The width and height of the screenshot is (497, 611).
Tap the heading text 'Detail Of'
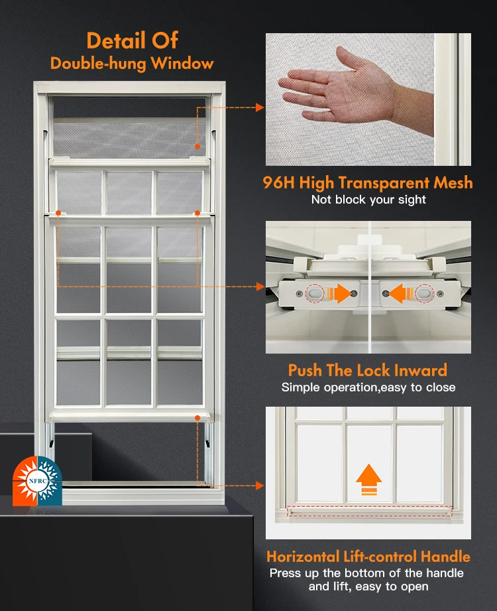132,40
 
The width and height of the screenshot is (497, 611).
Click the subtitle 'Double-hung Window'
132,64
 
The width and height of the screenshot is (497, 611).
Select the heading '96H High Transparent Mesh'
368,183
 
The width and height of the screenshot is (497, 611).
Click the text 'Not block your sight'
368,200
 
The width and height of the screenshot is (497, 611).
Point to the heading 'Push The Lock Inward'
368,370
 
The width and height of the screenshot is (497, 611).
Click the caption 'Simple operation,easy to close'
368,387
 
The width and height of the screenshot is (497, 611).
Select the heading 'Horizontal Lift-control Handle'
368,557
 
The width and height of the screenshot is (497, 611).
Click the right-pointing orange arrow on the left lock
341,293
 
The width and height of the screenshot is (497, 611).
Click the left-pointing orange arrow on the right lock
396,293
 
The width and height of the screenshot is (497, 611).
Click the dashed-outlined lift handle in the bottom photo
368,511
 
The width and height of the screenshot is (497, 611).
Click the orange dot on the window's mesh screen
197,146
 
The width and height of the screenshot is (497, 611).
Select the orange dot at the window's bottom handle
197,417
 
